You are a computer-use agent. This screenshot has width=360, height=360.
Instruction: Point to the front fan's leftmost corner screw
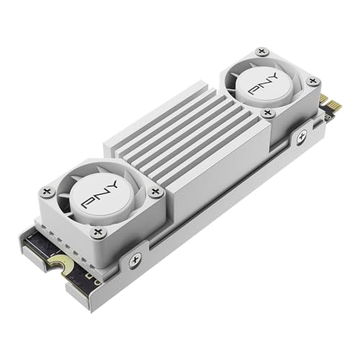pos(48,192)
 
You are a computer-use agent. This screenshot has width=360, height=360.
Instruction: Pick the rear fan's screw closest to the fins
pos(268,113)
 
